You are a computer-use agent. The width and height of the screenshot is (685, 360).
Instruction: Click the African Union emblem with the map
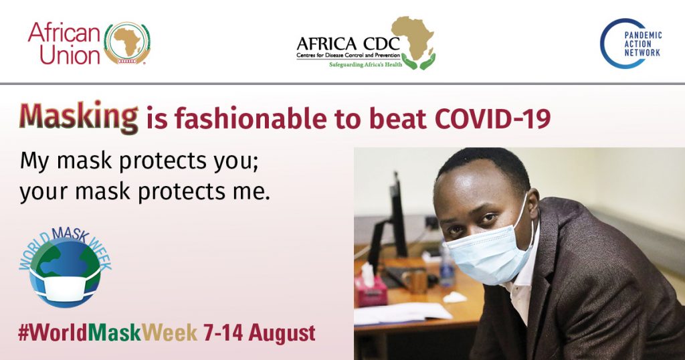tap(127, 43)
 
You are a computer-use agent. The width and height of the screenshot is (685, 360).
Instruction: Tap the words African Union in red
tap(64, 43)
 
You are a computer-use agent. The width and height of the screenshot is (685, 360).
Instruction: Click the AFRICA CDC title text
tap(348, 43)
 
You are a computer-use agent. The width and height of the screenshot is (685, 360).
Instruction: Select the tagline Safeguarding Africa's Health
tap(366, 65)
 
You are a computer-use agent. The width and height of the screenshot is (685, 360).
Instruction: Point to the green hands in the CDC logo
tap(418, 61)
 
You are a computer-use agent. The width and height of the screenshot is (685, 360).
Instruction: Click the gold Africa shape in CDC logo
tap(412, 37)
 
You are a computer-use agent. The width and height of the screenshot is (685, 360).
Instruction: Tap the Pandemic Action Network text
tap(643, 43)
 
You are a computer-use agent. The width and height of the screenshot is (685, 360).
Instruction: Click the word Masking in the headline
tap(79, 117)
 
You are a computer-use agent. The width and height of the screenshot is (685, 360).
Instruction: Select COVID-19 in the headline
tap(492, 118)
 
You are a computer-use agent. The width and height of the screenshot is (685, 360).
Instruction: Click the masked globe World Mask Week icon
tap(65, 266)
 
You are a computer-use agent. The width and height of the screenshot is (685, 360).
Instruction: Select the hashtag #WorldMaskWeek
tap(108, 333)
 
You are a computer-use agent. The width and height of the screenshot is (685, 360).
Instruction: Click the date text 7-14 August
tap(259, 333)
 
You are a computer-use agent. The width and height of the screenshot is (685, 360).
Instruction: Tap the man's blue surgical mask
tap(488, 254)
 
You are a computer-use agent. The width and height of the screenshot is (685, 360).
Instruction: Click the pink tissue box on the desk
tap(371, 289)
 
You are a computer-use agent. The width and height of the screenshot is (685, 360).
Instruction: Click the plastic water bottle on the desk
tap(446, 268)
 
